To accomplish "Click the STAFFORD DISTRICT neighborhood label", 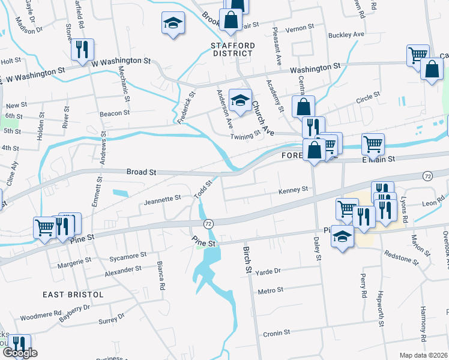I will click(x=233, y=49).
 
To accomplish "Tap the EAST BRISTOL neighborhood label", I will click(x=73, y=295).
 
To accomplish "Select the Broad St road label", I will click(x=142, y=172).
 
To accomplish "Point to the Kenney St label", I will click(x=293, y=190).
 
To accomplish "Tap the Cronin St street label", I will click(x=276, y=332).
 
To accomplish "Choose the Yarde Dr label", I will click(x=268, y=271).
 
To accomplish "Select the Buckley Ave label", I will click(x=346, y=35).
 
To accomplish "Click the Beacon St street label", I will click(x=115, y=113).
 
